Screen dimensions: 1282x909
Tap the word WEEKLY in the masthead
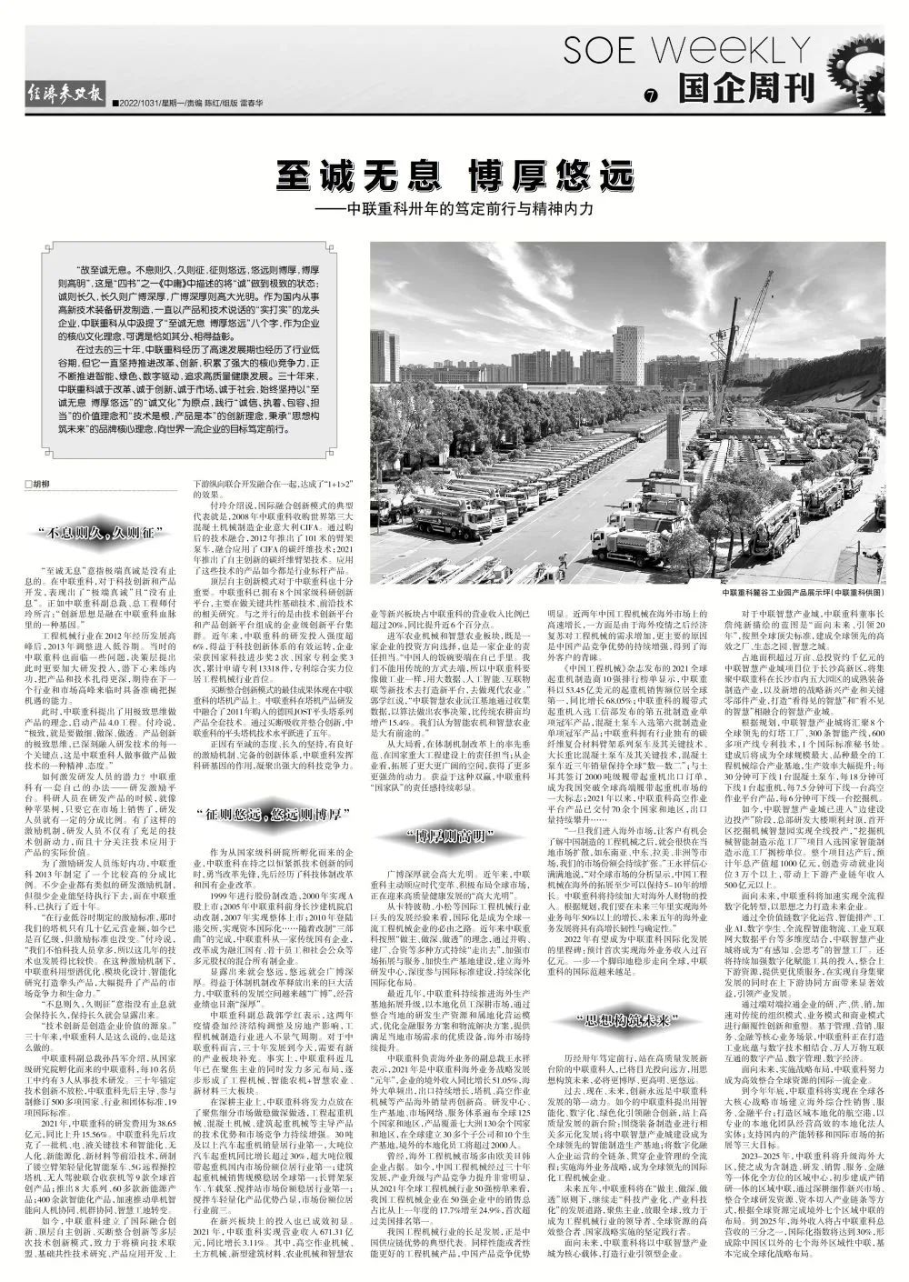[x=734, y=51]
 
